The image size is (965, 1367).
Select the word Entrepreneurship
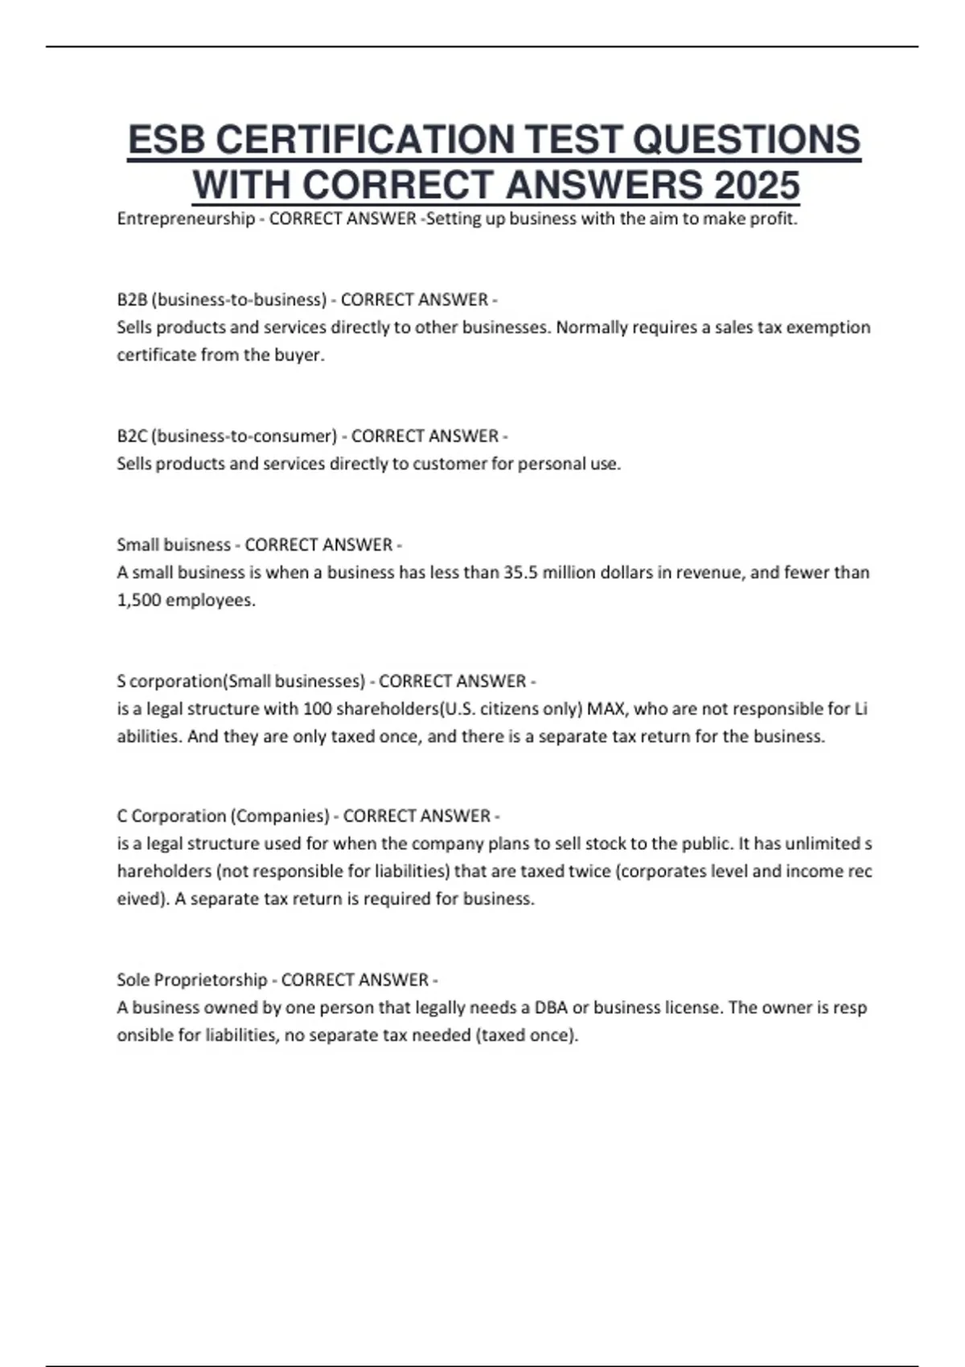(186, 219)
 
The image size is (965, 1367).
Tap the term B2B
(132, 300)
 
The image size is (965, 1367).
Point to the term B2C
(132, 436)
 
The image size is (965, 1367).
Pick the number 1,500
(139, 600)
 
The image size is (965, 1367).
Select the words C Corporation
(171, 816)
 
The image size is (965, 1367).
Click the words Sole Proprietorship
(191, 980)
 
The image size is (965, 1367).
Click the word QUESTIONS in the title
(746, 140)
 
